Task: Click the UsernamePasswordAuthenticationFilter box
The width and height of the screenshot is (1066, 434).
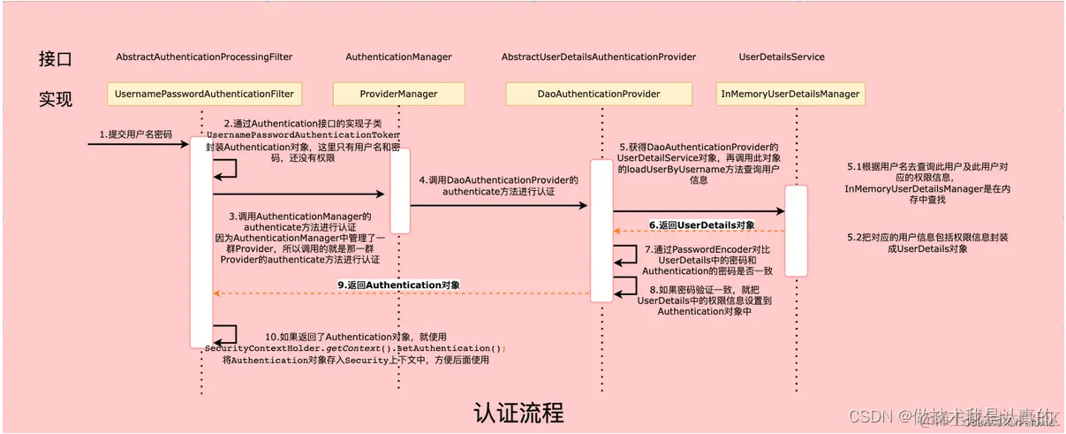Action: click(204, 93)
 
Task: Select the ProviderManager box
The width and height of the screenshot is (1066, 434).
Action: click(398, 93)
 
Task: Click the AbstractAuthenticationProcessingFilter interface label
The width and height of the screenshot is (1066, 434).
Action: click(204, 57)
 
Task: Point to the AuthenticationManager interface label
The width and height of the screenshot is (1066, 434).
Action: click(398, 57)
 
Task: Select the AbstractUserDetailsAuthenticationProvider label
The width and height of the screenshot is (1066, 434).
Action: click(599, 57)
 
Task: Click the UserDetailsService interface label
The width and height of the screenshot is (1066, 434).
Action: click(782, 57)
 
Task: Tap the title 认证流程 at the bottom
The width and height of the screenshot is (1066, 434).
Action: click(518, 413)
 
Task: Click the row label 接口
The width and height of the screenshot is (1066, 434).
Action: click(55, 59)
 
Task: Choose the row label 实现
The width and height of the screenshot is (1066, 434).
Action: click(55, 98)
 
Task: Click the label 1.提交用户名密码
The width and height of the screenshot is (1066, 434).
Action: click(136, 134)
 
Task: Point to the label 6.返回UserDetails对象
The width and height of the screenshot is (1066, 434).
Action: click(702, 225)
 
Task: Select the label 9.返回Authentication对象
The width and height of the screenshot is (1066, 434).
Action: click(399, 285)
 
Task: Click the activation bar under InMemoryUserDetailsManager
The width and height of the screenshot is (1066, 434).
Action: click(796, 230)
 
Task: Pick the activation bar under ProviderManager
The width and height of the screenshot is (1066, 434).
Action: click(400, 190)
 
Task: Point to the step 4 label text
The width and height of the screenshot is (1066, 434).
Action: click(498, 185)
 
